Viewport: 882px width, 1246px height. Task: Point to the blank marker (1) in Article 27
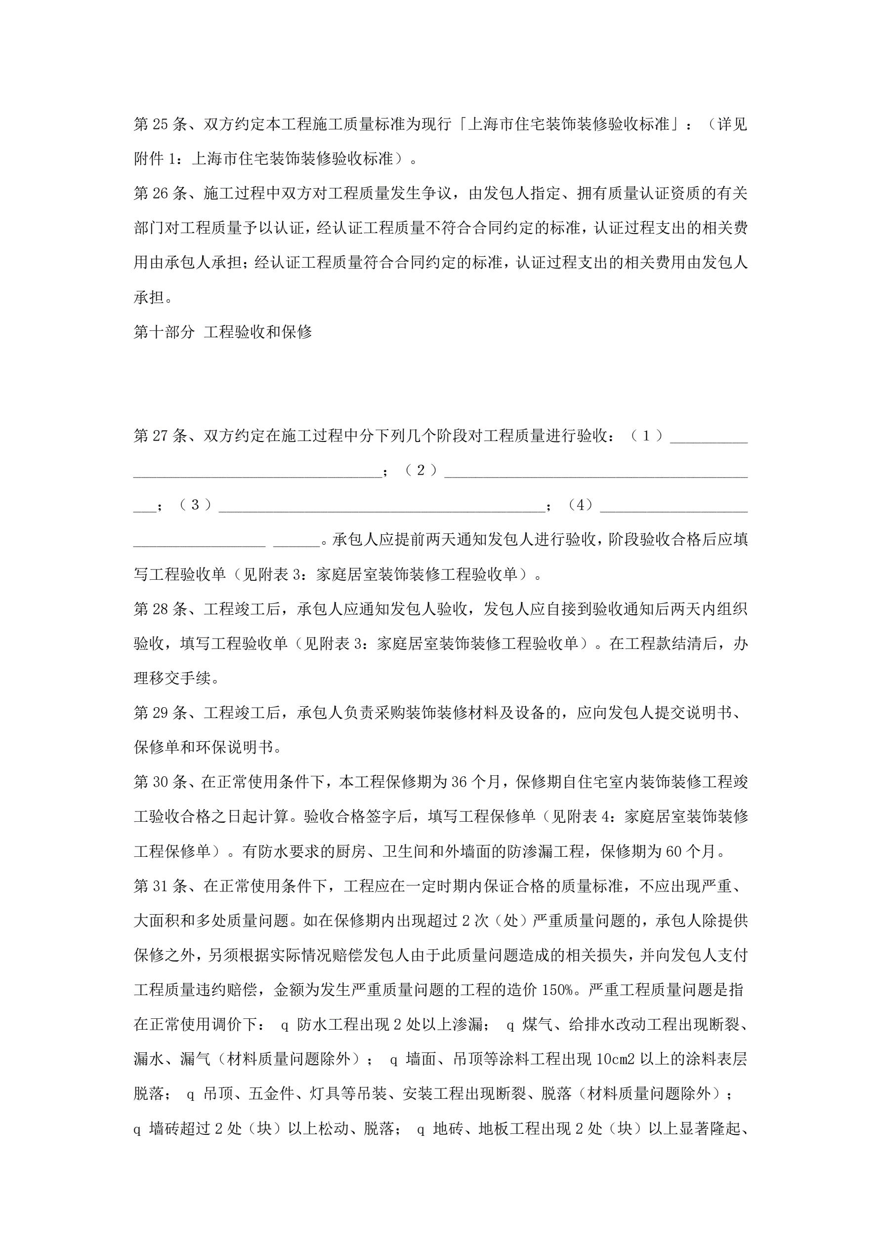click(646, 435)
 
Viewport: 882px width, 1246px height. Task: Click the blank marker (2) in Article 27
click(420, 470)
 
